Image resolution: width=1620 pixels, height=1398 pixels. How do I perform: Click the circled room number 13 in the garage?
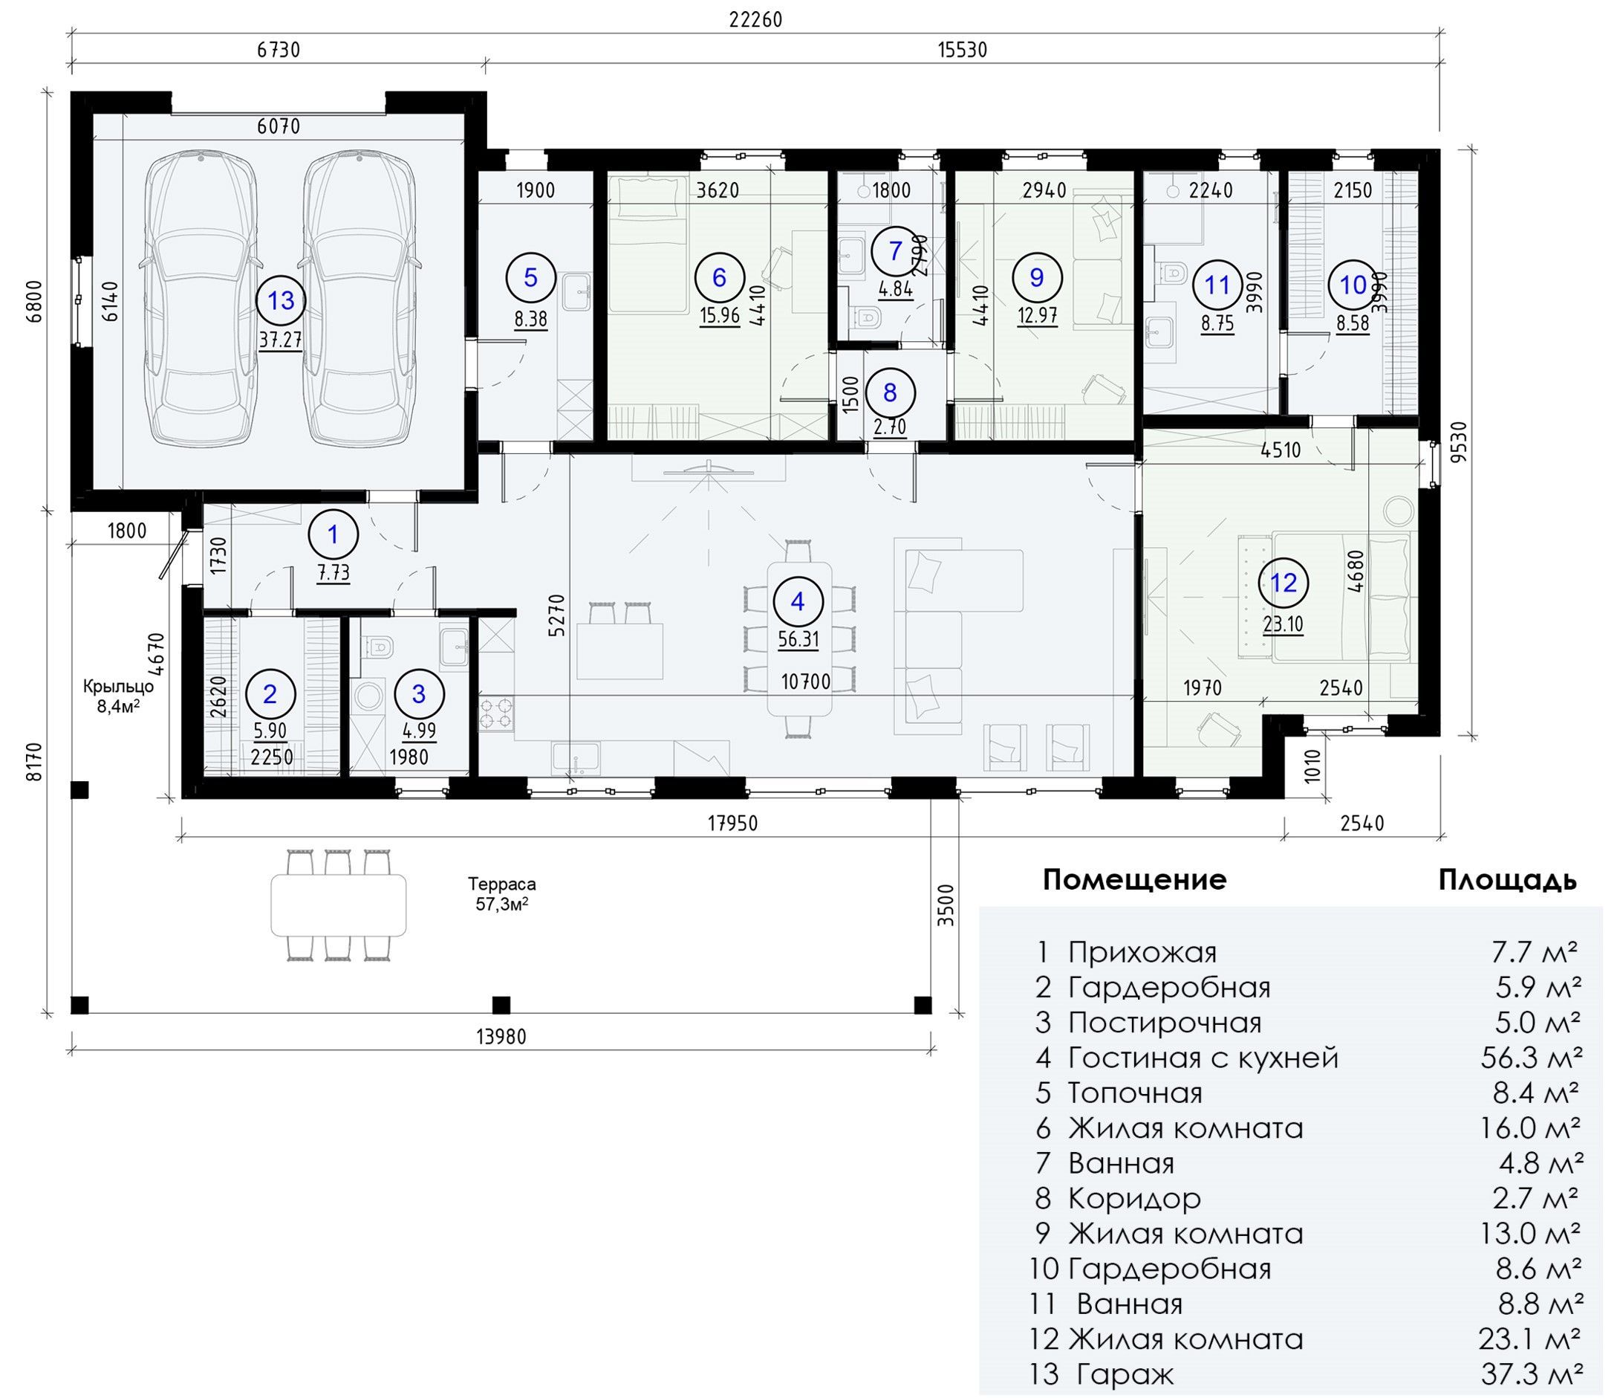(x=282, y=300)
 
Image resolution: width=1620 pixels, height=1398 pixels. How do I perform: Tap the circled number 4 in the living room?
(x=798, y=601)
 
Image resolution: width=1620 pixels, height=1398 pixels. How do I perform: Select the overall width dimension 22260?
(x=755, y=19)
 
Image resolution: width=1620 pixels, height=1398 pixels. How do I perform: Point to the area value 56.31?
(x=798, y=639)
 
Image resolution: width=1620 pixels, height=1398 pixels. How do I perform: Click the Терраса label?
(x=502, y=884)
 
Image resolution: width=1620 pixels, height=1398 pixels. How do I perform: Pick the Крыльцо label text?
(x=118, y=687)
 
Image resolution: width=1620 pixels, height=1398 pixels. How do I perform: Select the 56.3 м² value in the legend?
(x=1532, y=1058)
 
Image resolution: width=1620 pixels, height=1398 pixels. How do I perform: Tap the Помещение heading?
(x=1134, y=880)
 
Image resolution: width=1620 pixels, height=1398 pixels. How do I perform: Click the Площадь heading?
(x=1507, y=880)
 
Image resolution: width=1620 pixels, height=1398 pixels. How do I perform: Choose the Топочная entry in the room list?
(x=1135, y=1093)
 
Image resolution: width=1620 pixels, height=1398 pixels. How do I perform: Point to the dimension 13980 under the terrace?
(x=501, y=1038)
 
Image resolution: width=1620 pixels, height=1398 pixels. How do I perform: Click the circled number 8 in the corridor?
(x=890, y=392)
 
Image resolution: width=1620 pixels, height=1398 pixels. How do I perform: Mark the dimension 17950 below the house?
(x=732, y=823)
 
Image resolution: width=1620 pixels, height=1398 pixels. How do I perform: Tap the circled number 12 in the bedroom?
(x=1284, y=583)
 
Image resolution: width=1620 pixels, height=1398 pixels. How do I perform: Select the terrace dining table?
(x=339, y=905)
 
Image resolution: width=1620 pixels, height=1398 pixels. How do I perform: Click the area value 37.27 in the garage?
(x=281, y=339)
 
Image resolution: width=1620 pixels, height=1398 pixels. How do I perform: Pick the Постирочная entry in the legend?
(x=1165, y=1023)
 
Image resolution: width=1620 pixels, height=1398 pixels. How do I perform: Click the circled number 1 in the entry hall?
(x=334, y=535)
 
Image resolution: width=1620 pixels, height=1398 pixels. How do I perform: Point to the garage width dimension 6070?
(x=279, y=126)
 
